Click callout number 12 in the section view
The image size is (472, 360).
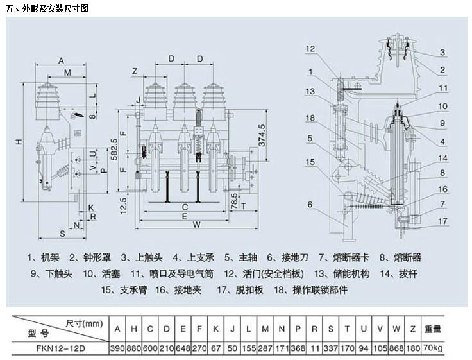310,49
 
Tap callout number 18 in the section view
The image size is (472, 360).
310,117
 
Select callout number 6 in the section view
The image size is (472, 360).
310,205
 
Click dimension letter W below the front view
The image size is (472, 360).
196,225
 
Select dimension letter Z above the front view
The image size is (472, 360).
135,70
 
